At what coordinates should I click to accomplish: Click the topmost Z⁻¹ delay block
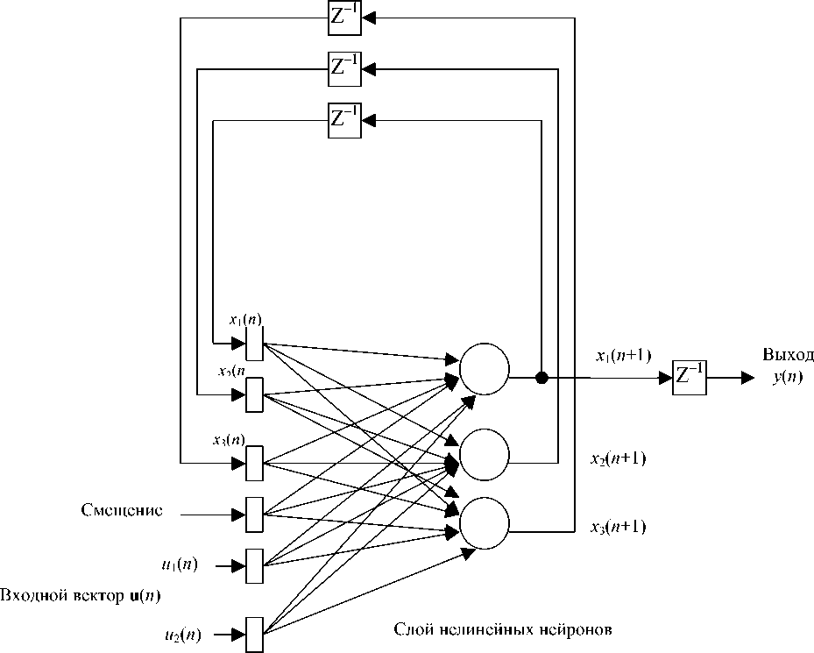pyautogui.click(x=343, y=18)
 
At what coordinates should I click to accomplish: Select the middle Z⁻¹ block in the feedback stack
pyautogui.click(x=343, y=68)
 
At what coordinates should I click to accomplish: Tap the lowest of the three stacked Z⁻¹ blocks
pyautogui.click(x=343, y=119)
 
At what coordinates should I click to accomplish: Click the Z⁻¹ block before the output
pyautogui.click(x=689, y=377)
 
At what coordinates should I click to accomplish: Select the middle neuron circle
pyautogui.click(x=485, y=453)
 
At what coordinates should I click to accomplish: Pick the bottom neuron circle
pyautogui.click(x=485, y=522)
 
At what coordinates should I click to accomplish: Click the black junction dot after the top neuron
pyautogui.click(x=541, y=378)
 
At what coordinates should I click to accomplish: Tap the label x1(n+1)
pyautogui.click(x=622, y=355)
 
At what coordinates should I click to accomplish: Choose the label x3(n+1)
pyautogui.click(x=618, y=527)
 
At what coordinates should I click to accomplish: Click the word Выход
pyautogui.click(x=788, y=355)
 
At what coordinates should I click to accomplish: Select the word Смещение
pyautogui.click(x=122, y=511)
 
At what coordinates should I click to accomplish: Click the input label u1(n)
pyautogui.click(x=179, y=565)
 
